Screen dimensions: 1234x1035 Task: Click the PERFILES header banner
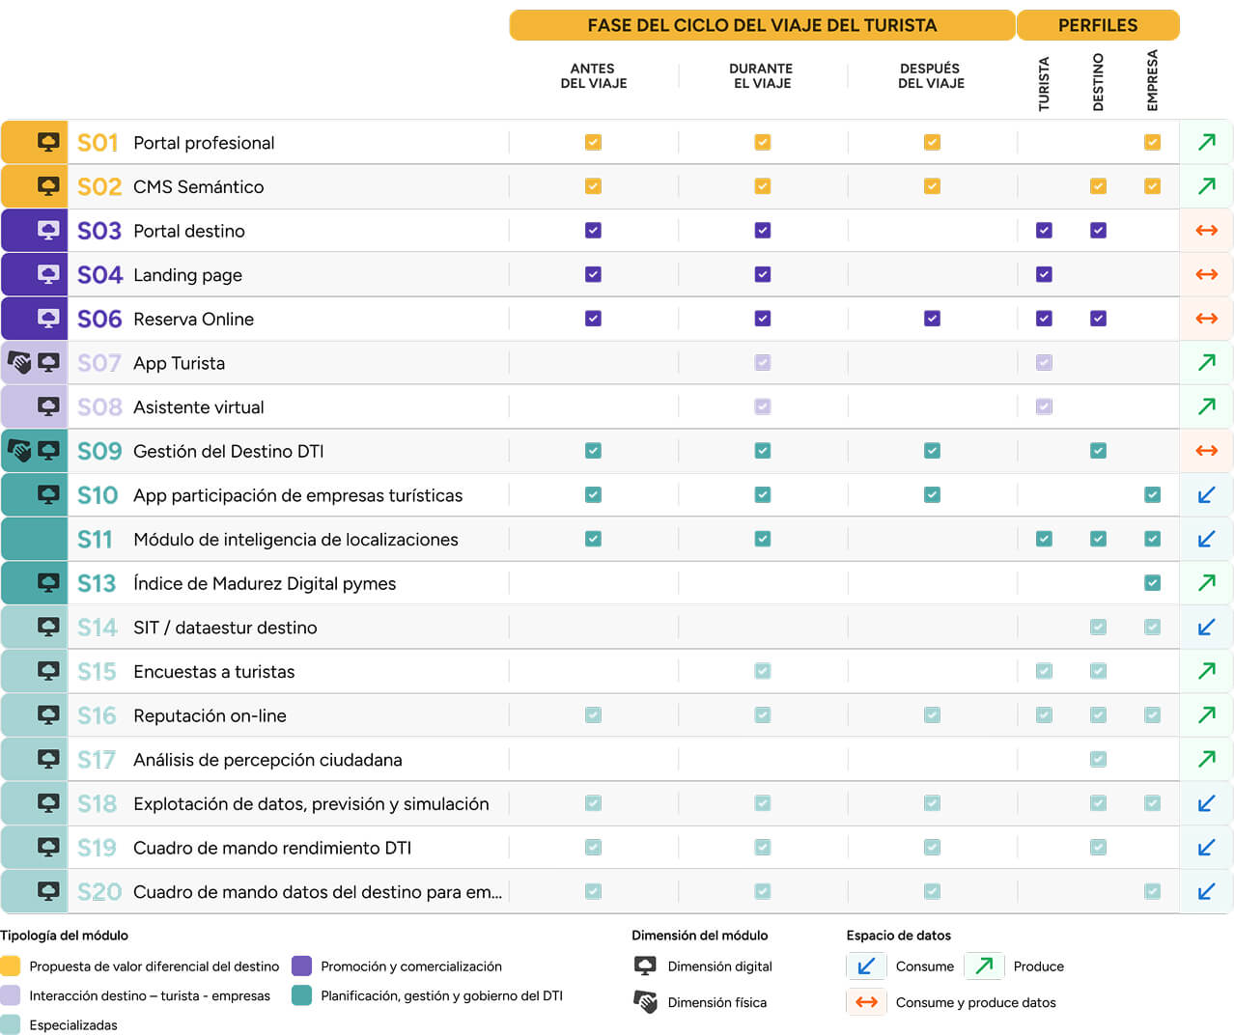1098,25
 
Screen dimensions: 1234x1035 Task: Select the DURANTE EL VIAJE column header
761,75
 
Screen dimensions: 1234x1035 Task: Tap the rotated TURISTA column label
1044,83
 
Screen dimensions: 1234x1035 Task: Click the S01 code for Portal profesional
98,143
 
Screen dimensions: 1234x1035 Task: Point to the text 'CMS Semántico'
199,186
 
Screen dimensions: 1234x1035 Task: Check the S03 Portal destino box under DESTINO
1098,230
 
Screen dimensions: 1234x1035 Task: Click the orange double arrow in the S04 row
1206,274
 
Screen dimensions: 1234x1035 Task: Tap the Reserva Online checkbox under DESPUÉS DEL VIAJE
932,319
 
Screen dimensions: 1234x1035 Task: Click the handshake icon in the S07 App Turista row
19,362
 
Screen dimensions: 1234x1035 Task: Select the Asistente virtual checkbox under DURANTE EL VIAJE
763,406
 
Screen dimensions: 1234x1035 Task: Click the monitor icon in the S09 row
48,451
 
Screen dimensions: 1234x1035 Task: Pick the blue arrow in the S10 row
1206,494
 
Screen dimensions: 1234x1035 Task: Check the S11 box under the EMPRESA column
1152,539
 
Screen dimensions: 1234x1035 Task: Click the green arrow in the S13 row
1207,583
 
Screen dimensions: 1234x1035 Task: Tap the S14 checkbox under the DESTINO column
1098,627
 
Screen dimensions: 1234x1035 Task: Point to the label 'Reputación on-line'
210,715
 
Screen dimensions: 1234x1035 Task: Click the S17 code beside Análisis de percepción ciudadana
97,760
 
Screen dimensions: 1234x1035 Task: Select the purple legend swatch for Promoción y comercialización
301,965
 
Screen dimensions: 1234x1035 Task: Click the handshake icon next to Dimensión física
645,1002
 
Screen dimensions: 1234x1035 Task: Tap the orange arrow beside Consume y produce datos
866,1002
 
